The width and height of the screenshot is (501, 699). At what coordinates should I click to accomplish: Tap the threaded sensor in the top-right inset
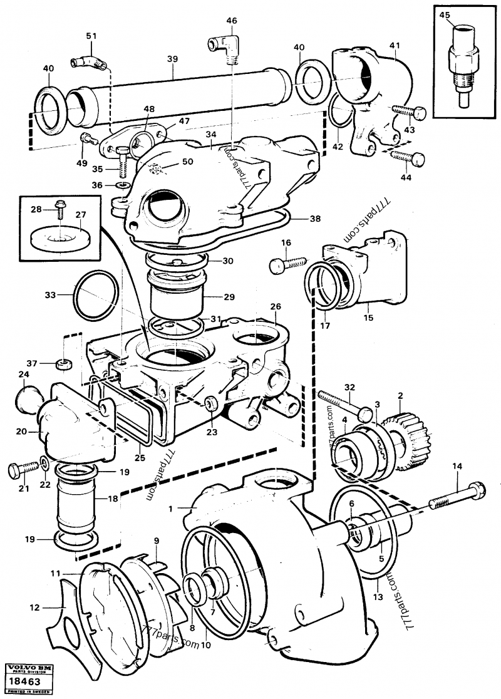point(463,63)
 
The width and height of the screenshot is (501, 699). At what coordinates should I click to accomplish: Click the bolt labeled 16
point(288,264)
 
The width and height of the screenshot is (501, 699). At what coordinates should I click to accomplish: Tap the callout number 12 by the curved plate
point(34,608)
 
